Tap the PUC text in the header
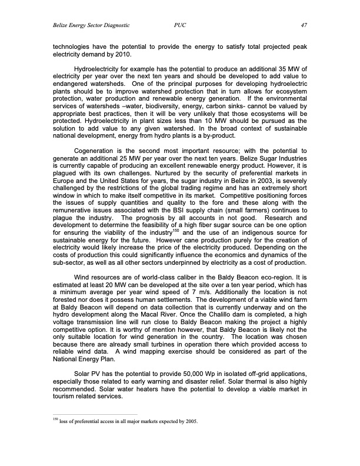pyautogui.click(x=181, y=25)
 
